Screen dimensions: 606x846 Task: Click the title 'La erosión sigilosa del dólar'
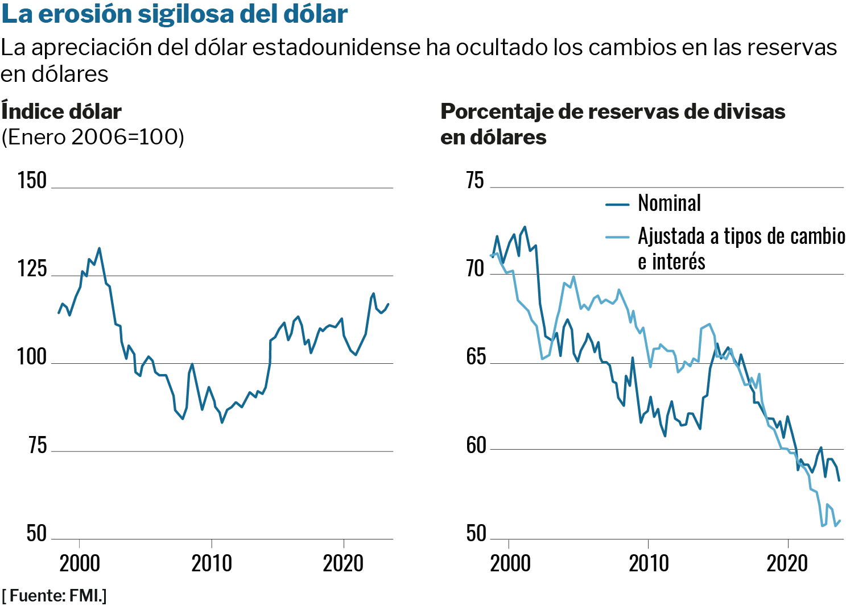click(x=175, y=14)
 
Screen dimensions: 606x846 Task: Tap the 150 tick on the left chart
click(x=32, y=181)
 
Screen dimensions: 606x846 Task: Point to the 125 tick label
click(x=32, y=269)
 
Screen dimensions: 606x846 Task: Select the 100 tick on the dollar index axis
click(x=32, y=357)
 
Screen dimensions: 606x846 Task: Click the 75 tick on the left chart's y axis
click(x=38, y=446)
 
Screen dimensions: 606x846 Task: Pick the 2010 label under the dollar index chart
click(x=212, y=563)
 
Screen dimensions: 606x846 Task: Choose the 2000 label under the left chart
click(x=80, y=563)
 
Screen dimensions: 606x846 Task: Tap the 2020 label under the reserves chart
click(x=787, y=563)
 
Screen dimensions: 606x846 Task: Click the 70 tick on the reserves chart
click(x=475, y=269)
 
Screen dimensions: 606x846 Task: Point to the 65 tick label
click(x=475, y=357)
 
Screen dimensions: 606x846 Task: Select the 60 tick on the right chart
click(x=475, y=446)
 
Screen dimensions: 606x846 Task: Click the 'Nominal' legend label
click(x=669, y=203)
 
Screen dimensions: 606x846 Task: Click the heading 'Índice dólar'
click(x=61, y=111)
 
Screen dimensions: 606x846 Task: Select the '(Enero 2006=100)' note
click(x=93, y=137)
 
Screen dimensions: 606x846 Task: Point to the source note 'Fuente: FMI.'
click(x=55, y=596)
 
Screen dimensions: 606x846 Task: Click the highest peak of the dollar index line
click(x=100, y=248)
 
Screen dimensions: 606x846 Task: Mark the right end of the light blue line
click(x=840, y=521)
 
